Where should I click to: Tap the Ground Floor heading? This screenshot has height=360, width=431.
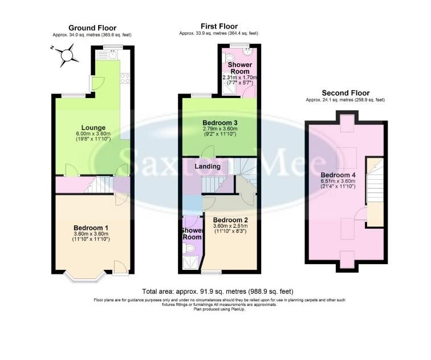[x=93, y=27]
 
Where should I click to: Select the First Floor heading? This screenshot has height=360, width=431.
[x=219, y=26]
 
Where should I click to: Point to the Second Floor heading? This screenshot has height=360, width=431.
[x=345, y=92]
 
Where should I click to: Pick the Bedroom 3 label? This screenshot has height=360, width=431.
[x=219, y=123]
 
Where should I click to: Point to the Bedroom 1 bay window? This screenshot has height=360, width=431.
[x=84, y=278]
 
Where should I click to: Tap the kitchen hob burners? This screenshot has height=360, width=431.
[x=125, y=78]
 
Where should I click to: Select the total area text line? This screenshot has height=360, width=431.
[x=219, y=292]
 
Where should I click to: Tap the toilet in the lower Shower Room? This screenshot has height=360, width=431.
[x=190, y=248]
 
